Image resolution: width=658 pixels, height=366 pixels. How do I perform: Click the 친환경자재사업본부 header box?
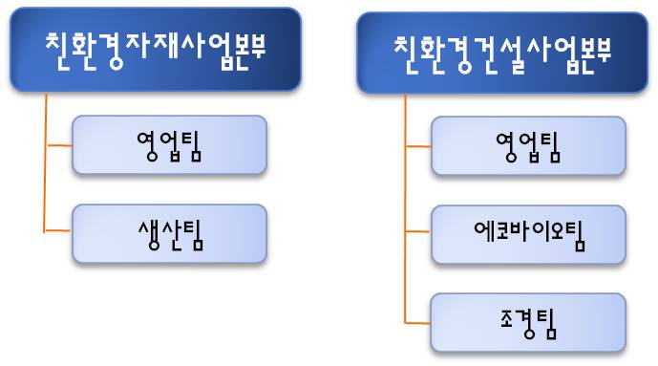156,49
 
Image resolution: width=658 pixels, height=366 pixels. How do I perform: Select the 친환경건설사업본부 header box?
502,53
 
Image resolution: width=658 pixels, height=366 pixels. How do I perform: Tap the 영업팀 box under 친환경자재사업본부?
169,145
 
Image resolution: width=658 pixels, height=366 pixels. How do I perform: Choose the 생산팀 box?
169,233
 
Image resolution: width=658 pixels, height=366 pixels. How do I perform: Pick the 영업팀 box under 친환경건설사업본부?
528,146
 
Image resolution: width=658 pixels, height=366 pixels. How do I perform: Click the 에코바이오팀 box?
528,234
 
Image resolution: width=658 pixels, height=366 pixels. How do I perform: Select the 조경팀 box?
528,322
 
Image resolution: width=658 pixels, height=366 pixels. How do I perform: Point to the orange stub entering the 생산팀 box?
58,232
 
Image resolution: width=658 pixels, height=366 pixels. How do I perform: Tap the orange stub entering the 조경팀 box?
418,322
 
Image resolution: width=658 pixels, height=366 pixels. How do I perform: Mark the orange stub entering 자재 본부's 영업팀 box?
58,145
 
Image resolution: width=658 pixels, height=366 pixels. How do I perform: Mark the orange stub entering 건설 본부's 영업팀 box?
418,146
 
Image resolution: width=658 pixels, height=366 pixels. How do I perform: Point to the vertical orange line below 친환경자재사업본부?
45,162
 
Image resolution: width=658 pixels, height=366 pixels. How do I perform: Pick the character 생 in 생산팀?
146,233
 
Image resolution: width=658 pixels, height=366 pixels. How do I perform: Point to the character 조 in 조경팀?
504,323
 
